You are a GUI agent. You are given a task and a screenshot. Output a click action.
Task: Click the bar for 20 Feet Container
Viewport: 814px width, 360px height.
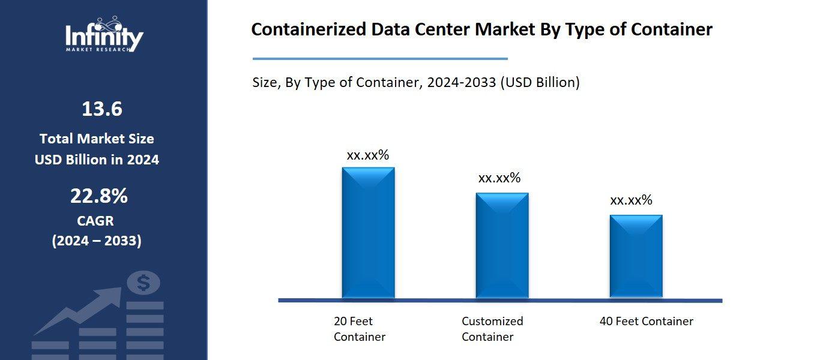[x=368, y=232]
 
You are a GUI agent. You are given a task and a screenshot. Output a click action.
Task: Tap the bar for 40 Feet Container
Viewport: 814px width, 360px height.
[x=636, y=256]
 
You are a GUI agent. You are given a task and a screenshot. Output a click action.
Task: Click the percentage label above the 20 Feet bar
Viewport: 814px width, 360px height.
[x=368, y=155]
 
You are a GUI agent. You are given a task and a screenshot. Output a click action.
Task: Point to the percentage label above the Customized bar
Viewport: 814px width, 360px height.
[x=499, y=178]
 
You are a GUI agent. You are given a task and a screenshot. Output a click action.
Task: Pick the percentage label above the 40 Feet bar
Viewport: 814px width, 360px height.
[x=631, y=200]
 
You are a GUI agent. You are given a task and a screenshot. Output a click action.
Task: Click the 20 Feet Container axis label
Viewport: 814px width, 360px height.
[x=360, y=329]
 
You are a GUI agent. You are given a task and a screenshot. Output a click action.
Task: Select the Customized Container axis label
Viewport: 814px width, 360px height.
[x=492, y=329]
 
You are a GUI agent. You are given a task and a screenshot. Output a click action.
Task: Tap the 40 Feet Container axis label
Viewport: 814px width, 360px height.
[x=646, y=322]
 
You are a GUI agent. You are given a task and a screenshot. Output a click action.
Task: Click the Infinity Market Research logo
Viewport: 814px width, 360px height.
[x=104, y=35]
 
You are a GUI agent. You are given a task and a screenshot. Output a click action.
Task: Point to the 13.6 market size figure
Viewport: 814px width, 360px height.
[x=101, y=109]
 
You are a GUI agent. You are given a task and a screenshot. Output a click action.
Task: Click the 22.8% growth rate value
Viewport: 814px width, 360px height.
[x=99, y=196]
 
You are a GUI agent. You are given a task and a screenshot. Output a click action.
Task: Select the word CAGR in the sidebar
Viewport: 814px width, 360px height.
[x=95, y=221]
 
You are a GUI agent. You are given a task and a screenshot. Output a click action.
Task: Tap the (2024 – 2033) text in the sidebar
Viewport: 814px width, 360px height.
[x=97, y=241]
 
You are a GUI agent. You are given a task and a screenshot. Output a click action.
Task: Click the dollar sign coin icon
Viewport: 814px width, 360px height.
[x=143, y=283]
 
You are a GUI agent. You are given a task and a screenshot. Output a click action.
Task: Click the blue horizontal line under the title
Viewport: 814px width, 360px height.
[x=380, y=59]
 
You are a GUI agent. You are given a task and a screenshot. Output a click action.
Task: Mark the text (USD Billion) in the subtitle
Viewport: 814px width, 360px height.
[x=540, y=83]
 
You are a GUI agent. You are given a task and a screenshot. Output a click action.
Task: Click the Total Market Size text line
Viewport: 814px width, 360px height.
[x=97, y=139]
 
